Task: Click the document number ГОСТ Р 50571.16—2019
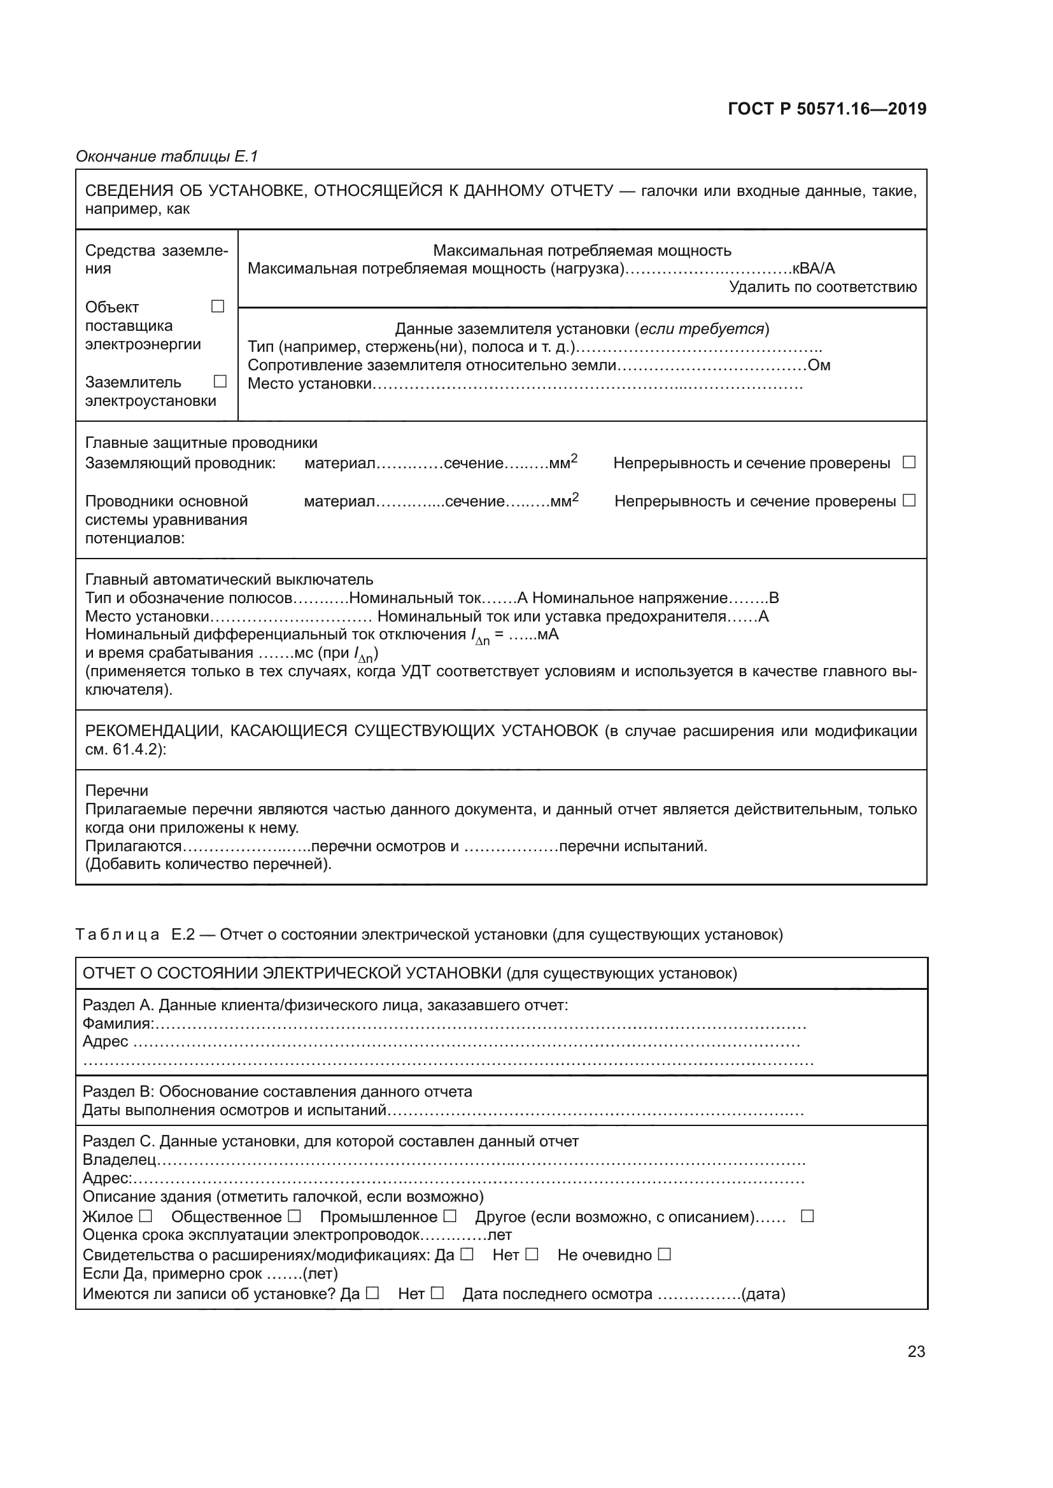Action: (827, 109)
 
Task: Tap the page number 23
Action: (915, 1351)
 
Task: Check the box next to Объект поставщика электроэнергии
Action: (218, 306)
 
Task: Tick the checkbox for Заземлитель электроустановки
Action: (220, 381)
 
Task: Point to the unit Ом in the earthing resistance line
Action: (819, 366)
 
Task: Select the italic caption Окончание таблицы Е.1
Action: (167, 156)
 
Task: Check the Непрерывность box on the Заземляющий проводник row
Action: (909, 462)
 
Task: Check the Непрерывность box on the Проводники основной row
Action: (909, 500)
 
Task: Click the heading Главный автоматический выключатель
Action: (229, 580)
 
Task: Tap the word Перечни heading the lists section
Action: (117, 791)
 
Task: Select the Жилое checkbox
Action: (146, 1216)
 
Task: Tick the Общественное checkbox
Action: (294, 1216)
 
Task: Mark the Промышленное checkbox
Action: (450, 1216)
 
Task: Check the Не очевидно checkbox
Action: (664, 1254)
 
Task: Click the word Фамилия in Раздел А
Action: (118, 1024)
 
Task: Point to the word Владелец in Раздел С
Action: (119, 1160)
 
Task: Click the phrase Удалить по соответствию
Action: (822, 287)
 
